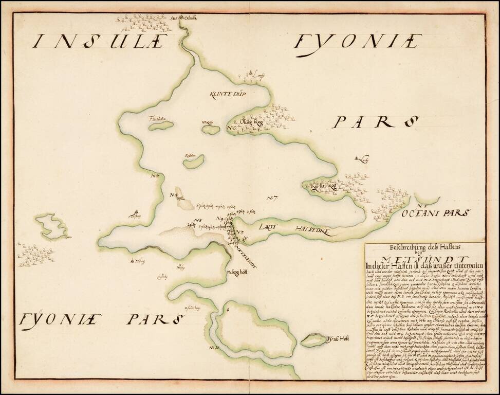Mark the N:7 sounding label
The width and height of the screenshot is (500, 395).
click(272, 198)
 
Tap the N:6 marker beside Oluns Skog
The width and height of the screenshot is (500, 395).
click(231, 128)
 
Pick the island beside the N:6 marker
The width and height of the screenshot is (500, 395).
click(211, 130)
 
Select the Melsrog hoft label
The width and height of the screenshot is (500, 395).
click(237, 273)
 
